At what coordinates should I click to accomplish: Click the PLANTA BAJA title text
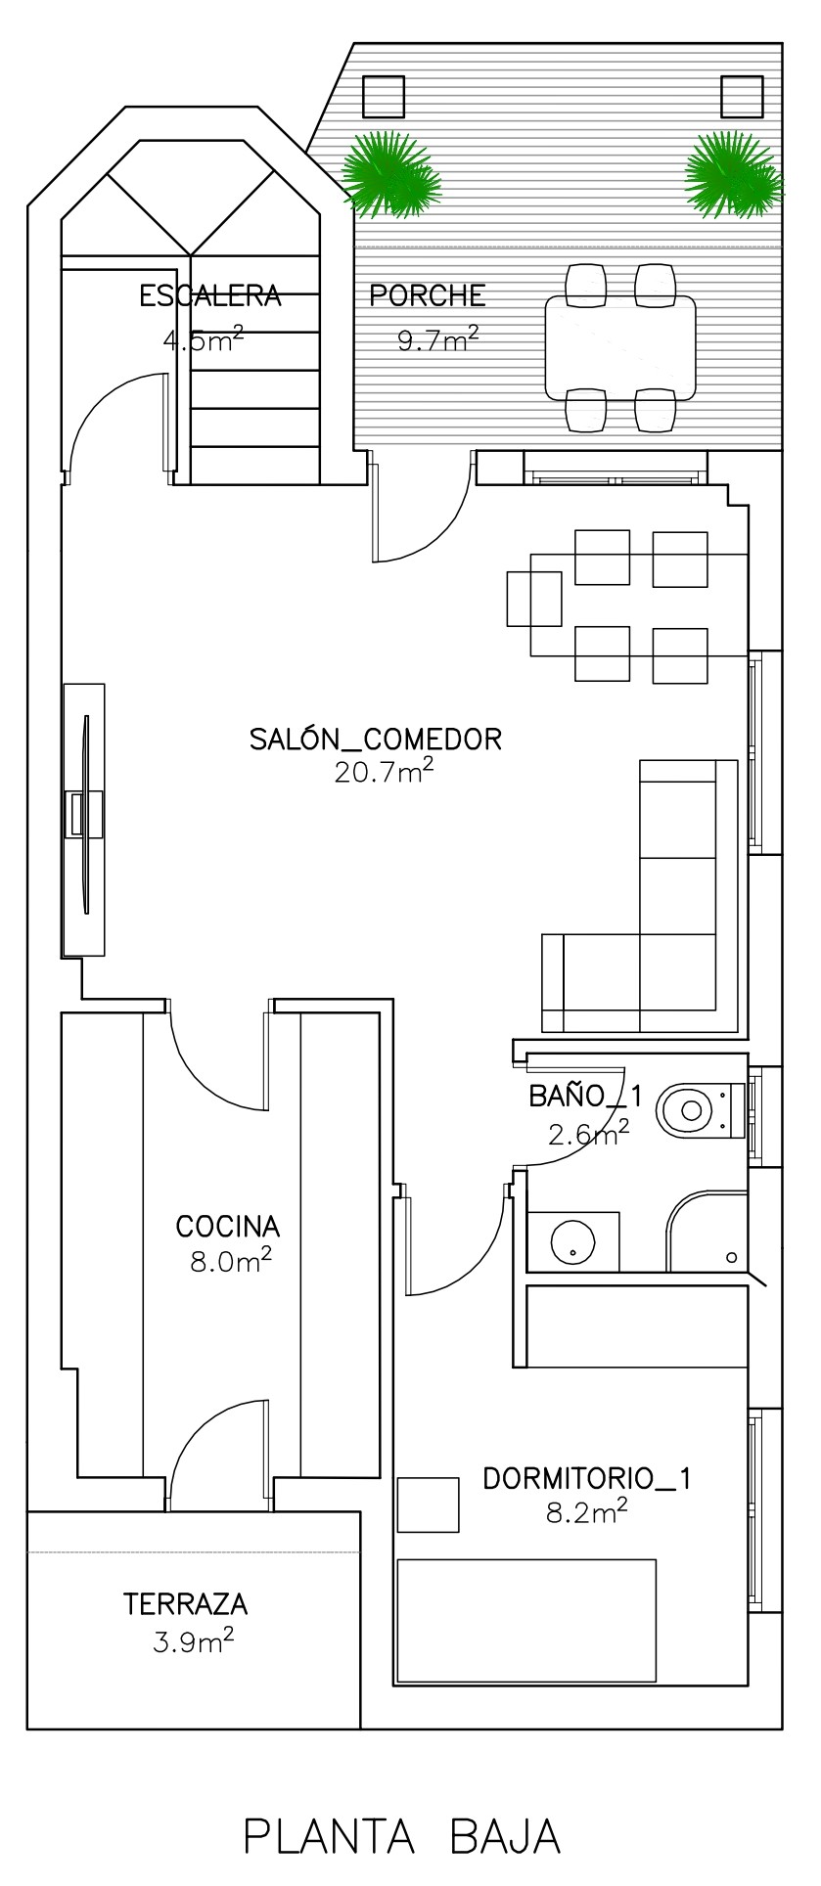point(401,1836)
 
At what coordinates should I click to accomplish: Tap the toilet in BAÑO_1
point(701,1109)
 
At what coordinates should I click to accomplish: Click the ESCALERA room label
point(210,295)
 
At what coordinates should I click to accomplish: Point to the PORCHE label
point(428,295)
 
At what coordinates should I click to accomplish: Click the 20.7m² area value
point(384,772)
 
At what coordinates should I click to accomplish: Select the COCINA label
point(228,1226)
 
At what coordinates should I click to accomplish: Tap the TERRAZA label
point(186,1604)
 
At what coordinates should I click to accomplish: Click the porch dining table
point(620,346)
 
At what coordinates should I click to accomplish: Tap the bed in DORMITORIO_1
point(526,1621)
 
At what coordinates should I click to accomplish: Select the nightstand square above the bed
point(429,1504)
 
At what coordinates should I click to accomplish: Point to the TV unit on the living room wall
point(84,819)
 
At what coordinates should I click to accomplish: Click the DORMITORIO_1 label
point(587,1479)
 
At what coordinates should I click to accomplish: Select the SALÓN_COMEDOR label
point(376,739)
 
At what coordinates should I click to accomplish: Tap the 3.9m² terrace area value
point(193,1640)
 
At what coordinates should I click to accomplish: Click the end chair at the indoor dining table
point(534,599)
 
